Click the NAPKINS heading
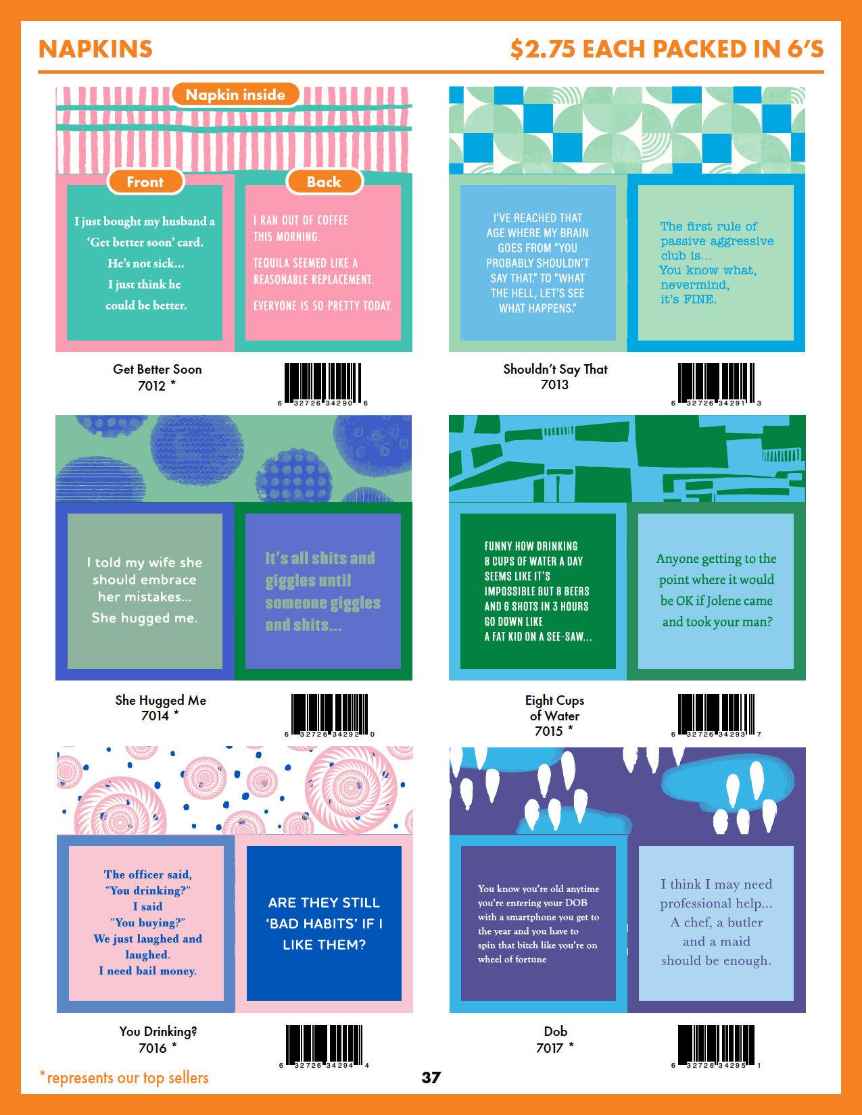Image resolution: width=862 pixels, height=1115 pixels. coord(95,49)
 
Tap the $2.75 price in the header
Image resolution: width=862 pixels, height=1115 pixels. coord(542,49)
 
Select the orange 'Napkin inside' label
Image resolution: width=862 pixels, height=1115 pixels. coord(235,95)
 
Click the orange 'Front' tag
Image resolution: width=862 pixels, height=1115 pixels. coord(145,182)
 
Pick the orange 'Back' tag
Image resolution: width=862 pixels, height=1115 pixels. coord(324,182)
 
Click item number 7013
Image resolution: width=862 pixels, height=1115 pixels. coord(554,385)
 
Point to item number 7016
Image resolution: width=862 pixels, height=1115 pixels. coord(152,1048)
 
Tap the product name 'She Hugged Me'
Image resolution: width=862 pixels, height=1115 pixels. coord(160,700)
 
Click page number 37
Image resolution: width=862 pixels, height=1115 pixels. coord(431,1078)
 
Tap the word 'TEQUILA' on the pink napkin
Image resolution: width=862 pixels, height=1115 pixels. coord(274,263)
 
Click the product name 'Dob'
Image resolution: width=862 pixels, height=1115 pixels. coord(555,1031)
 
